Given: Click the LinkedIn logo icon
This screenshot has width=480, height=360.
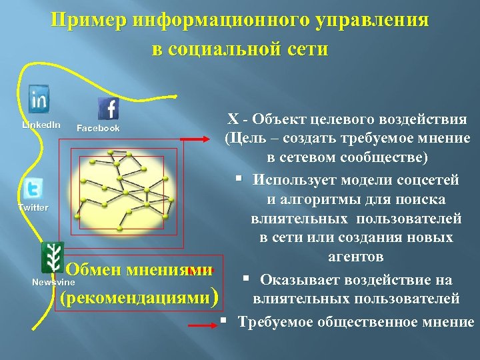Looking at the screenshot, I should pyautogui.click(x=39, y=99).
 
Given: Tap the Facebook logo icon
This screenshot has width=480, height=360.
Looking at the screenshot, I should pyautogui.click(x=108, y=108).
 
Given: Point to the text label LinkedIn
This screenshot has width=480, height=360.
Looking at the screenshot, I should pyautogui.click(x=41, y=125).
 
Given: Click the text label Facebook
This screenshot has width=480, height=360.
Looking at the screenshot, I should pyautogui.click(x=98, y=128).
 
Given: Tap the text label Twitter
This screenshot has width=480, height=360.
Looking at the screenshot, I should pyautogui.click(x=33, y=207).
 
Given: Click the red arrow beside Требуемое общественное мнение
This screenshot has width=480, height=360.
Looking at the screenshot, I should pyautogui.click(x=203, y=325).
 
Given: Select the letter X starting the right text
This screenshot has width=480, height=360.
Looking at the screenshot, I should pyautogui.click(x=232, y=120).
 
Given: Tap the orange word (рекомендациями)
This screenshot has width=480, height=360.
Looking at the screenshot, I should pyautogui.click(x=139, y=297).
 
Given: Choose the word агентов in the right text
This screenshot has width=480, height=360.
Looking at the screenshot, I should pyautogui.click(x=355, y=257).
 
